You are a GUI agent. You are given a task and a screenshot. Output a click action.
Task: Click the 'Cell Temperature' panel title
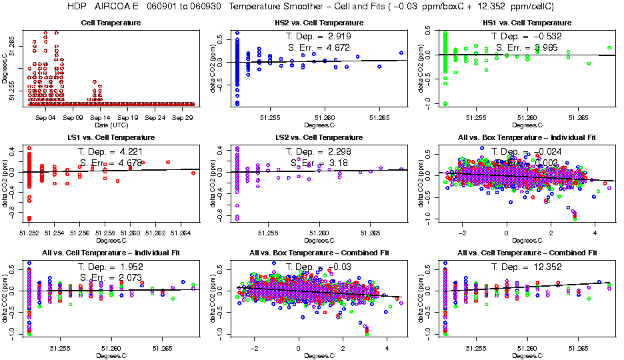pos(111,23)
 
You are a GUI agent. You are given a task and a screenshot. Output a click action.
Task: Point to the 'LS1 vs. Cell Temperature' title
pos(111,137)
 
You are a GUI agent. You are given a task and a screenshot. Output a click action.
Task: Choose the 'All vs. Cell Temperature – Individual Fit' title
pos(111,253)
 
